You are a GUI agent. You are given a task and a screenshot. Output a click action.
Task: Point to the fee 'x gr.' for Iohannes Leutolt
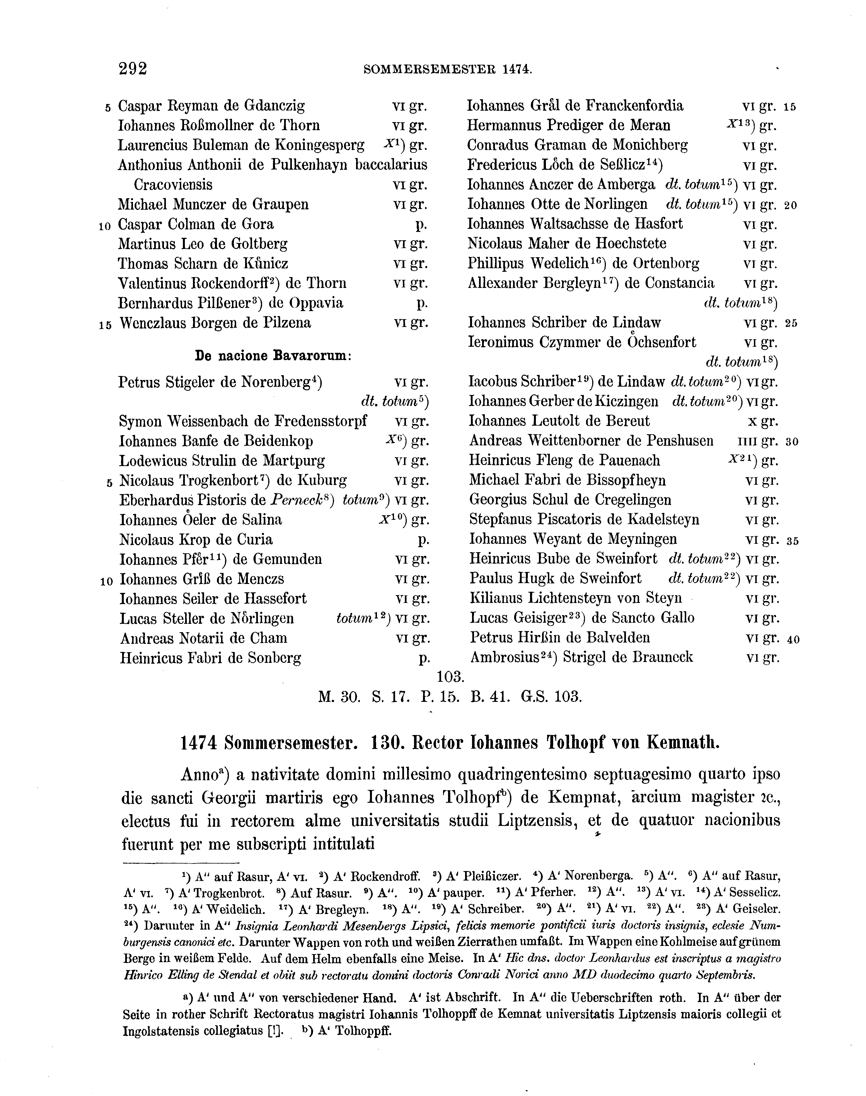[x=763, y=421]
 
